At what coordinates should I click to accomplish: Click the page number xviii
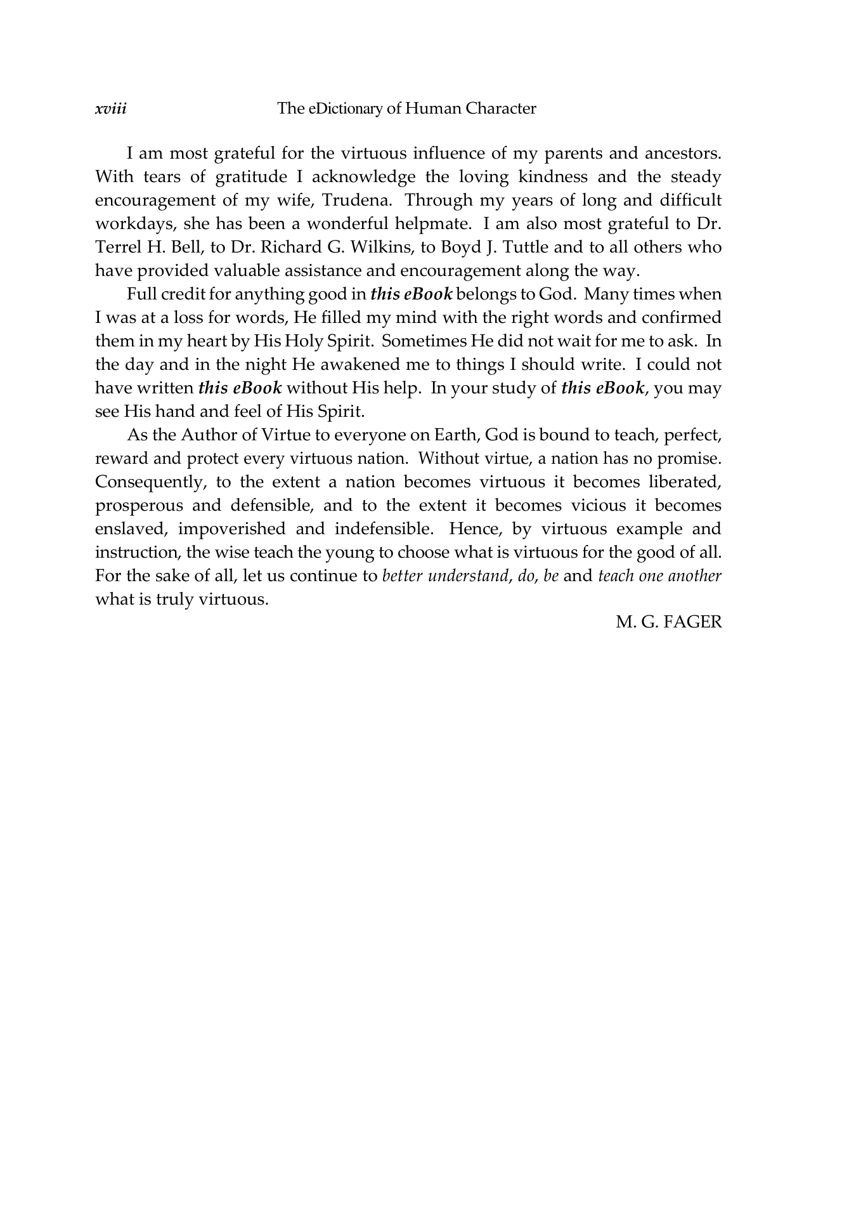(x=110, y=109)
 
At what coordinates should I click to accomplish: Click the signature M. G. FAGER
(x=669, y=622)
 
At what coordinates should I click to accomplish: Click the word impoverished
(x=231, y=529)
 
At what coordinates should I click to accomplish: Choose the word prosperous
(x=139, y=506)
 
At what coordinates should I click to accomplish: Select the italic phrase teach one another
(x=659, y=576)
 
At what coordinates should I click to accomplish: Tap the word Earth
(x=455, y=435)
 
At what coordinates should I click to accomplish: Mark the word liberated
(x=685, y=482)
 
